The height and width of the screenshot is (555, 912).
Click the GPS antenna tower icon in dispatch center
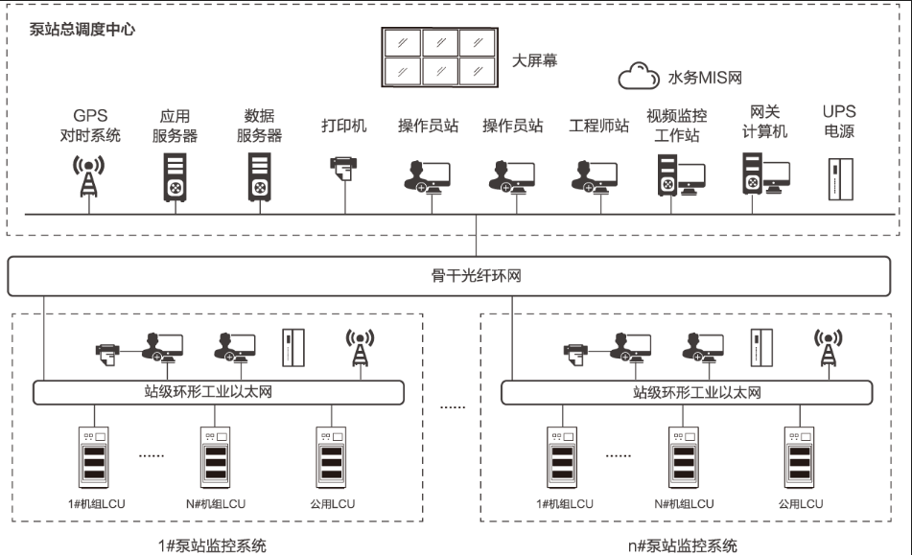(x=88, y=176)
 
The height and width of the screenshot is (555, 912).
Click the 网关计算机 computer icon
(x=764, y=174)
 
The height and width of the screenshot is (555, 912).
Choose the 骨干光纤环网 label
(x=476, y=277)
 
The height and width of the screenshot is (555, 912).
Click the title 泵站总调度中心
(x=82, y=29)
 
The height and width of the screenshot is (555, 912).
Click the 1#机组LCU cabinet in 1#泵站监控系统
(x=93, y=457)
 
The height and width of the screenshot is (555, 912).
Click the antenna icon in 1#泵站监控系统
(x=360, y=348)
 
